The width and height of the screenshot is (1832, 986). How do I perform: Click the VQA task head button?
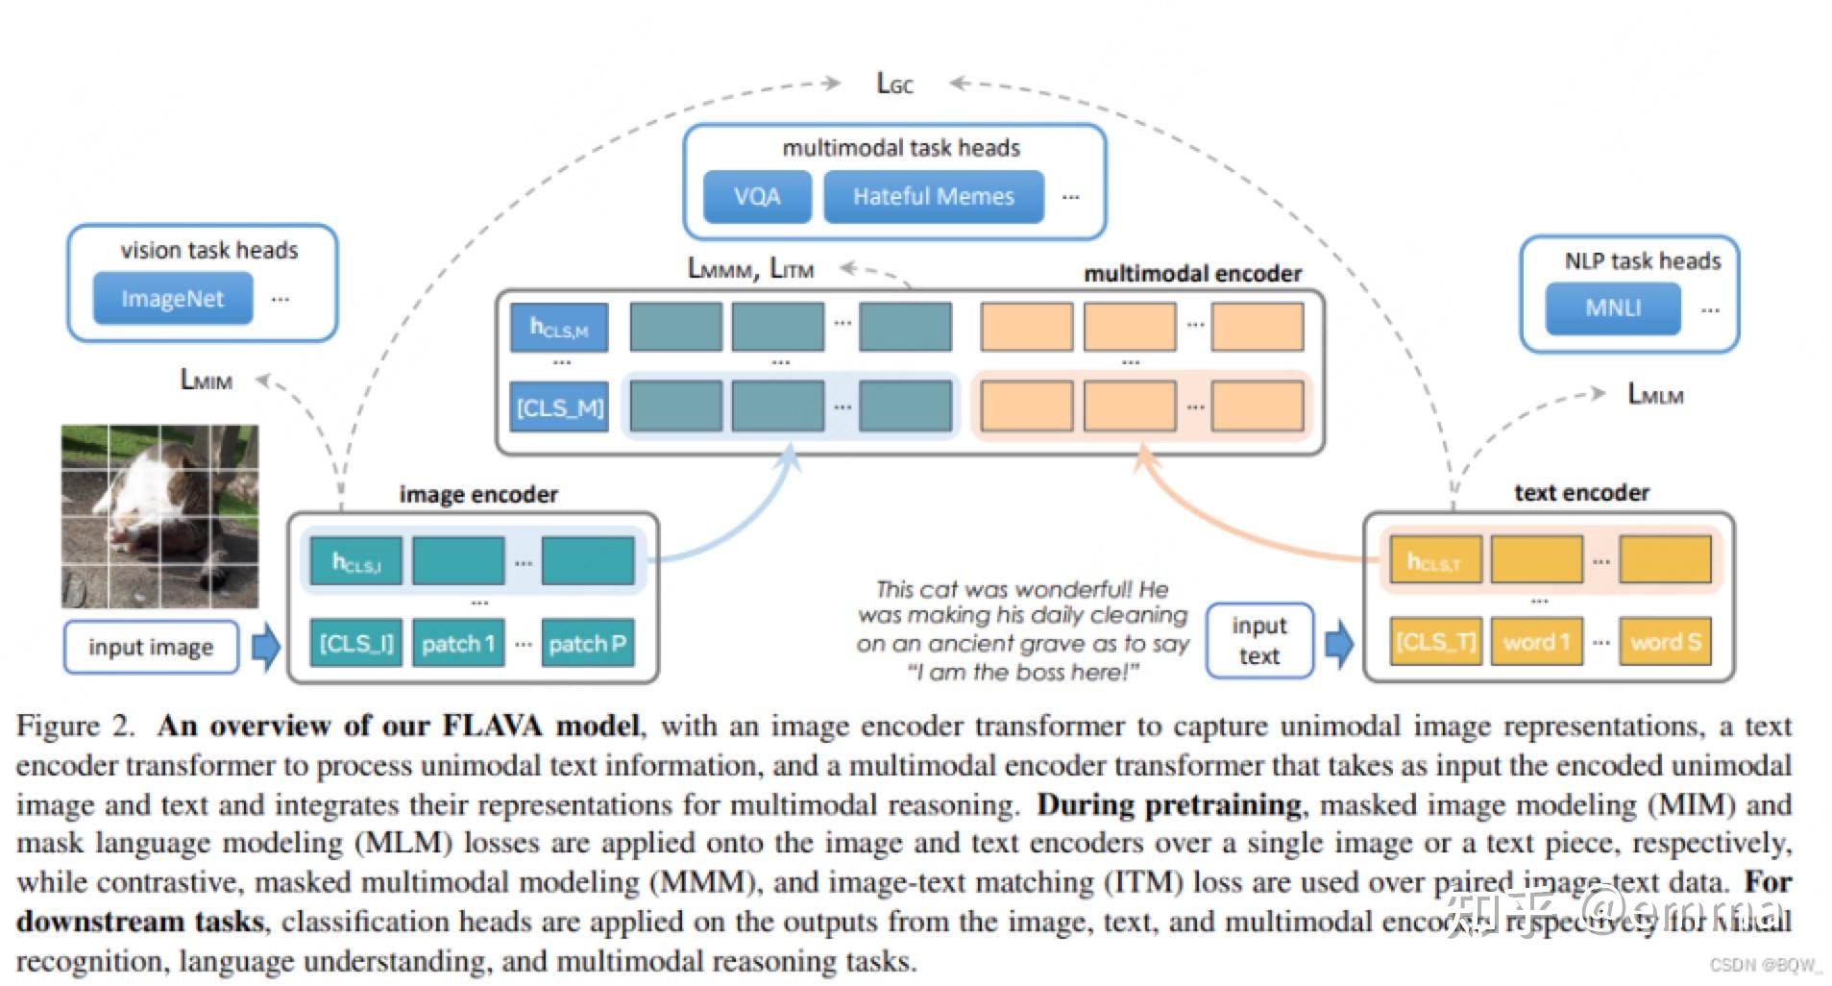pyautogui.click(x=756, y=197)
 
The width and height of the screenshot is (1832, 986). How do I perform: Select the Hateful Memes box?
pyautogui.click(x=933, y=197)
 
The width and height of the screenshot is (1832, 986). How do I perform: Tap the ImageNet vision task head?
pyautogui.click(x=172, y=299)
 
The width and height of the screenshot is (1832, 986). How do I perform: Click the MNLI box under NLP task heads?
pyautogui.click(x=1612, y=308)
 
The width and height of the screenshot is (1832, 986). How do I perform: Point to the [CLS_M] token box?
pyautogui.click(x=559, y=407)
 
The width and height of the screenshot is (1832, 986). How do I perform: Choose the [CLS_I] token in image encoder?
pyautogui.click(x=355, y=643)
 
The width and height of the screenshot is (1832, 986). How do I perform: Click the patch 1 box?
pyautogui.click(x=458, y=643)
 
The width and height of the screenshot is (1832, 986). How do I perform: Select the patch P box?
pyautogui.click(x=587, y=643)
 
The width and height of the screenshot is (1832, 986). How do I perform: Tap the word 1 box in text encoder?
pyautogui.click(x=1535, y=642)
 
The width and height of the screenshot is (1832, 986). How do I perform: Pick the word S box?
pyautogui.click(x=1665, y=642)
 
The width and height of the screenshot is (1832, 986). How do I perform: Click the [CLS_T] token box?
pyautogui.click(x=1435, y=642)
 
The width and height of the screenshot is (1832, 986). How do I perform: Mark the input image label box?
pyautogui.click(x=151, y=648)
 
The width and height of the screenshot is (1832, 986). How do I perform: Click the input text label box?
pyautogui.click(x=1258, y=641)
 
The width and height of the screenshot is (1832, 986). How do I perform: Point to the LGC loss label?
pyautogui.click(x=894, y=85)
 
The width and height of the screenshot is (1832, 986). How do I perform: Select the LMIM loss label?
pyautogui.click(x=207, y=381)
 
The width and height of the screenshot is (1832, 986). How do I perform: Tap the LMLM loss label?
pyautogui.click(x=1654, y=395)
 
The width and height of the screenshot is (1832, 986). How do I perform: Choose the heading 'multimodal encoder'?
pyautogui.click(x=1192, y=274)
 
